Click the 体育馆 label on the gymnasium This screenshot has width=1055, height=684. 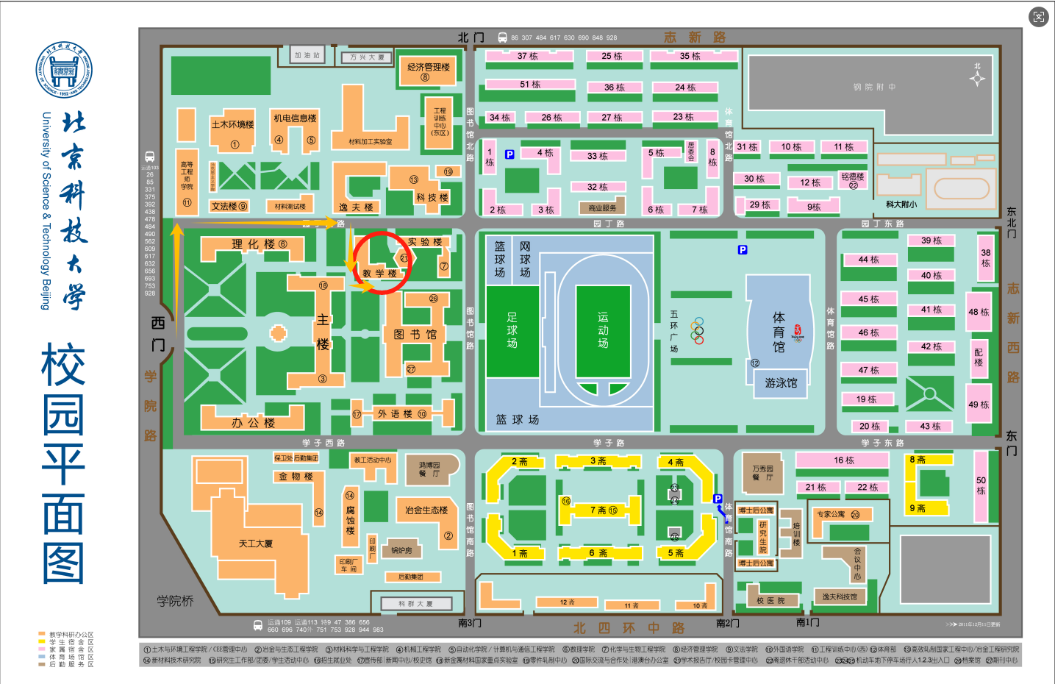click(779, 332)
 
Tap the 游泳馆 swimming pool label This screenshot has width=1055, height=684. click(781, 382)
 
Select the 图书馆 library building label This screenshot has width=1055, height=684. click(415, 335)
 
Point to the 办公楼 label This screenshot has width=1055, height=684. click(253, 423)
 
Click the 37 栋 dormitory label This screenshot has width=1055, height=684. click(527, 56)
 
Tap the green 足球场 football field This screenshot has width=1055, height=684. click(512, 329)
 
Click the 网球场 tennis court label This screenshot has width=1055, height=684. click(525, 259)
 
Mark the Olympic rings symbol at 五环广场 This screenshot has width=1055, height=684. click(698, 330)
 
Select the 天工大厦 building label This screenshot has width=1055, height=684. click(256, 544)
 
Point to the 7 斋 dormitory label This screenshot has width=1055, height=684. click(598, 510)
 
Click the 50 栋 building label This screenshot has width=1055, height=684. click(981, 485)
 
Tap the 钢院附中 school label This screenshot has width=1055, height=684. click(874, 87)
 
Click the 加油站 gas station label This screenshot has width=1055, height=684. click(307, 55)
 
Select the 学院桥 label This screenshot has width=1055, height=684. click(175, 601)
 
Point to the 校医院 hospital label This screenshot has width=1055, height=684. click(770, 601)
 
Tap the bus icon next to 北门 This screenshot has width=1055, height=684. click(502, 38)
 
